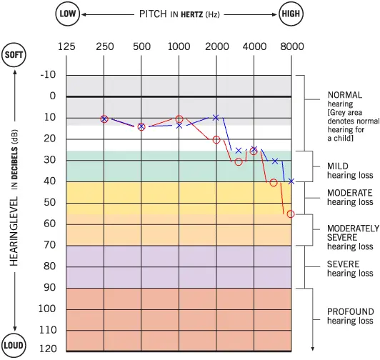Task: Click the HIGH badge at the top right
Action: click(x=291, y=14)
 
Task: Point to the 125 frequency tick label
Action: click(x=66, y=46)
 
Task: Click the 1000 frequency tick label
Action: click(x=179, y=46)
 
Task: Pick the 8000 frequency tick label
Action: click(x=291, y=46)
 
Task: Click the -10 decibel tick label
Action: click(x=49, y=75)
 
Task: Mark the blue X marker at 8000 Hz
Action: click(x=291, y=181)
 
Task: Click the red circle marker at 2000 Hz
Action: click(x=216, y=139)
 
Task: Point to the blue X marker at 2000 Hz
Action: click(x=216, y=117)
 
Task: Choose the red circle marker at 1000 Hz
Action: click(x=179, y=119)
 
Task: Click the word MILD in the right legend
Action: click(x=338, y=166)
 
